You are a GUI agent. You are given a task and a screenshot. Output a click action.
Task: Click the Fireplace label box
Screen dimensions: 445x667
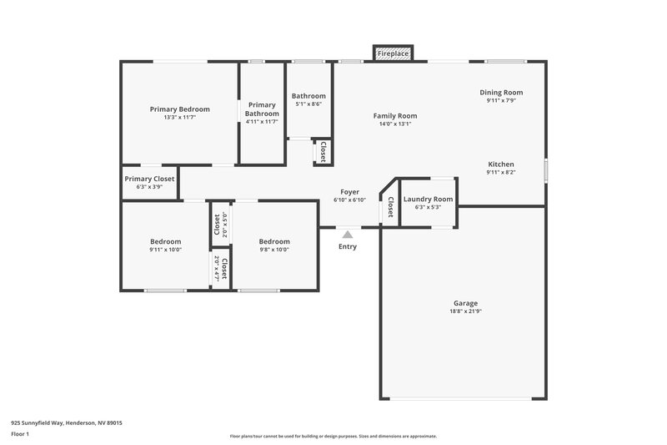click(393, 53)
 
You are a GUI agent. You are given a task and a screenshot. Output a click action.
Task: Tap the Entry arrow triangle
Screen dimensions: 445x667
click(347, 235)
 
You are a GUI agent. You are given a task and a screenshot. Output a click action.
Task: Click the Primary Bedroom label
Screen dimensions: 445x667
click(179, 109)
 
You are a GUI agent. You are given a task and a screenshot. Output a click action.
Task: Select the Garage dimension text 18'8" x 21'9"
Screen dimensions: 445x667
click(464, 311)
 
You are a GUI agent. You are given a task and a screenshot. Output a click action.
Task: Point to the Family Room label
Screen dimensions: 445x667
click(394, 116)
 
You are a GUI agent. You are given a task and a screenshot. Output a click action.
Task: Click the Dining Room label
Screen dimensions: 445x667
click(501, 92)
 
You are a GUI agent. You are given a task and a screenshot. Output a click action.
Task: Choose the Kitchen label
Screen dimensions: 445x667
click(500, 164)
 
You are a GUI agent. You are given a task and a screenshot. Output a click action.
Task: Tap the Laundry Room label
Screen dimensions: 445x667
click(428, 199)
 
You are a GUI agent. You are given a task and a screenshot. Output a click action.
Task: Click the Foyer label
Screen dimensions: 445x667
click(349, 192)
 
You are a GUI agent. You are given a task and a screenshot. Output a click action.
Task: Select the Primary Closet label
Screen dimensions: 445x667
click(149, 179)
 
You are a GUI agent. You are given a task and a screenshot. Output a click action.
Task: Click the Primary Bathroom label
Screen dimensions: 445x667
click(262, 109)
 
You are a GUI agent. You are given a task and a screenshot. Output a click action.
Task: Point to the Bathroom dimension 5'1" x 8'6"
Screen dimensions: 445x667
click(308, 105)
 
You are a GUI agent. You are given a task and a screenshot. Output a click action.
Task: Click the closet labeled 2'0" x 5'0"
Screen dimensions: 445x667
click(220, 225)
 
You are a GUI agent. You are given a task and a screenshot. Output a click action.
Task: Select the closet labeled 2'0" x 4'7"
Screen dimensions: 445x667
click(220, 268)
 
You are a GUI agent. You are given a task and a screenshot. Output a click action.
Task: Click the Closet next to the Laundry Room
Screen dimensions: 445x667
click(389, 206)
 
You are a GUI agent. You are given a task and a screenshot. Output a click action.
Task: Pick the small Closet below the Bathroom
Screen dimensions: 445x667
click(323, 152)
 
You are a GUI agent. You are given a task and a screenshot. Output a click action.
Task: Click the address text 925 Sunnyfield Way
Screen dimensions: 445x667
click(67, 423)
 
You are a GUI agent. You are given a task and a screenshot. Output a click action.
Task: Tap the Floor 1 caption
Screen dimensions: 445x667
click(21, 434)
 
